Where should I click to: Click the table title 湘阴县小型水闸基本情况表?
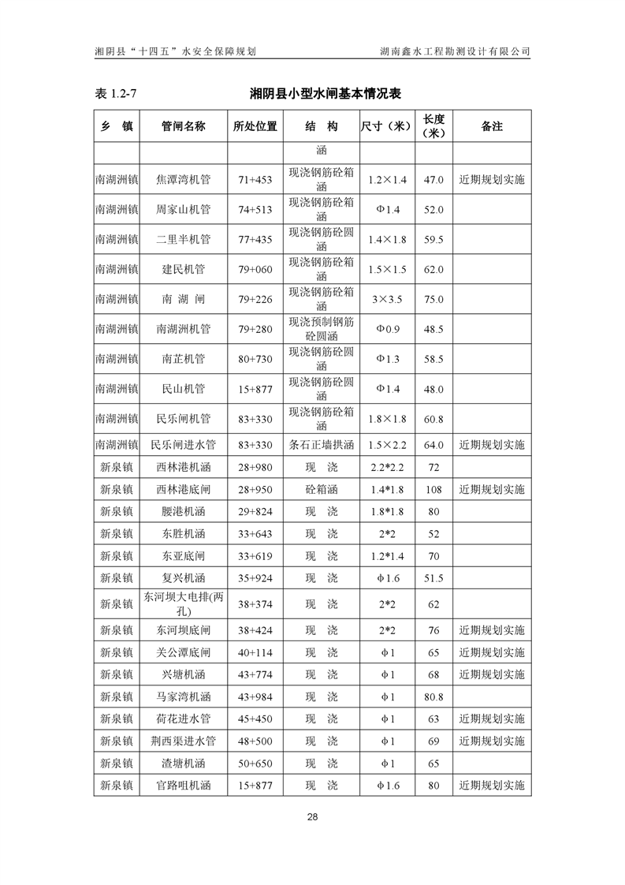tap(326, 94)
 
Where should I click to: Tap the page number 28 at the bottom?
tap(312, 816)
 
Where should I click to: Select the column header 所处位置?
tap(255, 126)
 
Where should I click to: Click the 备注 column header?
tap(492, 126)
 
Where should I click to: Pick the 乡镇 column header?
tap(117, 126)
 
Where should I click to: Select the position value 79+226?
tap(255, 300)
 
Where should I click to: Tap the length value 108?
tap(433, 490)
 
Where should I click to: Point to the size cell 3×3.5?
tap(387, 300)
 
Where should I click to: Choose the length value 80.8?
tap(433, 697)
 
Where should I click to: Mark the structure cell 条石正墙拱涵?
tap(322, 445)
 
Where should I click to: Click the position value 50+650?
tap(255, 764)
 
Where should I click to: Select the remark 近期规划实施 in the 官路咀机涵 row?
tap(492, 786)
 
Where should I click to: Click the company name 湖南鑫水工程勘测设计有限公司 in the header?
tap(454, 51)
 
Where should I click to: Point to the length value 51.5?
tap(433, 579)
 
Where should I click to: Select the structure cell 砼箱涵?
tap(322, 490)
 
